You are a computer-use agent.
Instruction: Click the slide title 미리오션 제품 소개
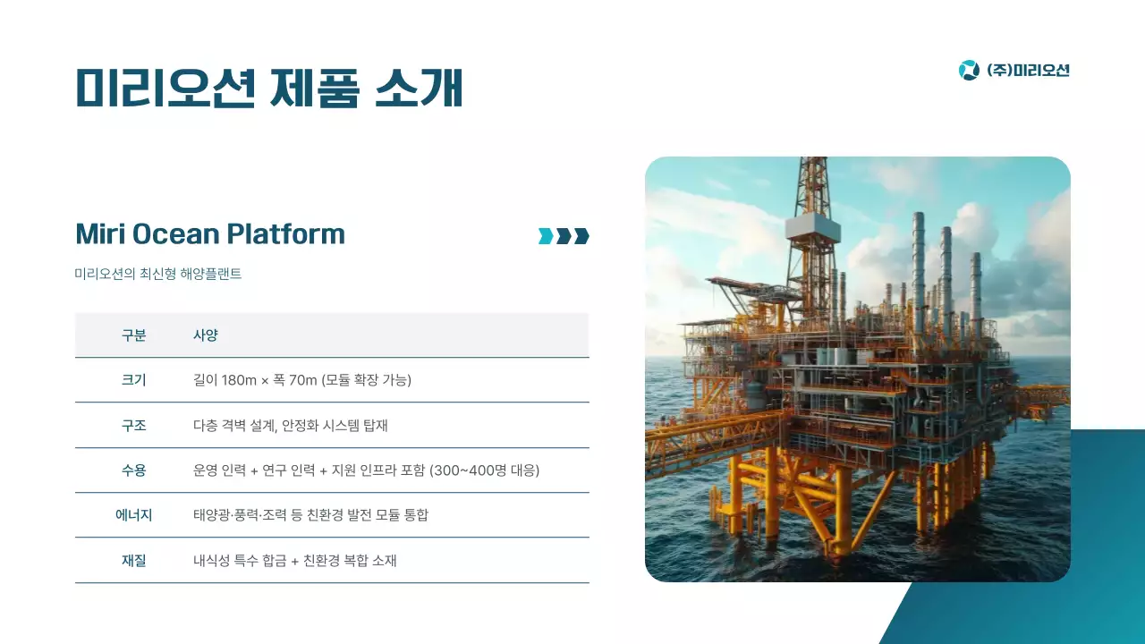pos(268,89)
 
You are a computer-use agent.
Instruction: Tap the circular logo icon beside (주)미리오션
pos(969,70)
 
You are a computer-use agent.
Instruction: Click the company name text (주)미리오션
pos(1028,70)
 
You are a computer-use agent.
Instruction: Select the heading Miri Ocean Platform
pos(210,234)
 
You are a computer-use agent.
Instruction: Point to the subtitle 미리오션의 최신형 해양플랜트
pos(158,275)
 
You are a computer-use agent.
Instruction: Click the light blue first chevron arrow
pos(545,236)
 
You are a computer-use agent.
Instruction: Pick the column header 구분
pos(134,335)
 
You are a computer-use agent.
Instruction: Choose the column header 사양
pos(206,335)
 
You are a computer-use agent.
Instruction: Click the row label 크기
pos(134,380)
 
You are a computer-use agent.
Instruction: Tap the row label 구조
pos(134,426)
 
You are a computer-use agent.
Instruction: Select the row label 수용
pos(134,470)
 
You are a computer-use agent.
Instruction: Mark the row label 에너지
pos(134,515)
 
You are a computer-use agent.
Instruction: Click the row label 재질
pos(134,561)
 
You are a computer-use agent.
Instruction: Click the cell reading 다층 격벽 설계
pos(233,426)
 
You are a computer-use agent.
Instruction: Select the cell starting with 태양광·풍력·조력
pos(310,515)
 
